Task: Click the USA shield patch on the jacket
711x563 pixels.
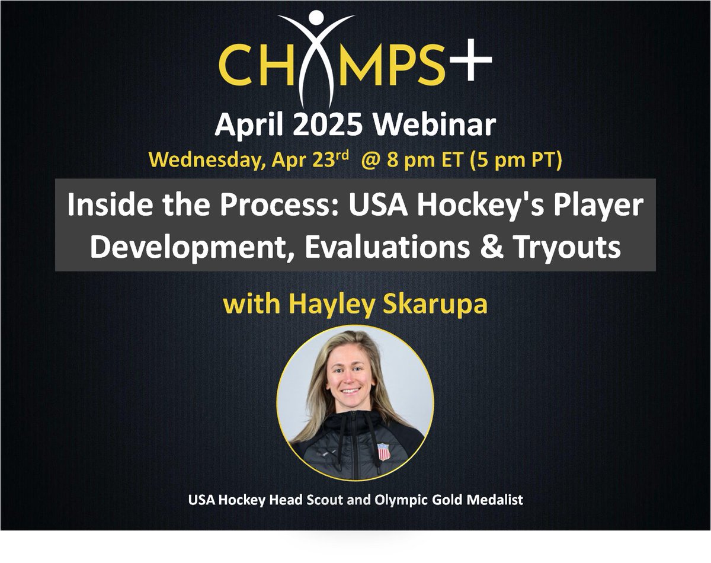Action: tap(384, 452)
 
